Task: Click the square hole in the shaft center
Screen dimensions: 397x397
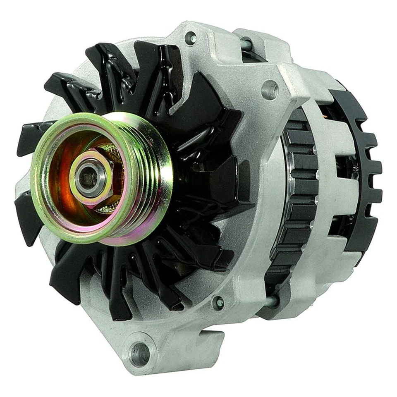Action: pos(88,179)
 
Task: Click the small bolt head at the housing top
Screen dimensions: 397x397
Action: pos(191,38)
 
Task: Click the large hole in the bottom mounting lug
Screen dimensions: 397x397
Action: pos(140,354)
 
